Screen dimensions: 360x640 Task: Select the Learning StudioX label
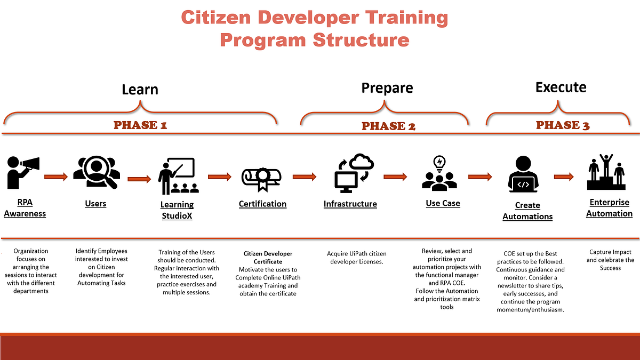click(x=177, y=210)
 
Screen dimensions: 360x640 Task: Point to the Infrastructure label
click(x=350, y=204)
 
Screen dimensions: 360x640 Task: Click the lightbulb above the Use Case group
click(x=440, y=162)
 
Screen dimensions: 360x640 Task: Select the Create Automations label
click(x=527, y=211)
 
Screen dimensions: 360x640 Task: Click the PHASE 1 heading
click(x=140, y=126)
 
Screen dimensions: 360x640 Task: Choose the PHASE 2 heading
click(x=388, y=126)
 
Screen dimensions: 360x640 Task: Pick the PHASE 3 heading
click(x=563, y=125)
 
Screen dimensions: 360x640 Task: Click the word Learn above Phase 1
click(x=140, y=89)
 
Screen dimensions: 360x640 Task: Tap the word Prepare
click(x=387, y=87)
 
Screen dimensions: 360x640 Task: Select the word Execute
click(x=561, y=87)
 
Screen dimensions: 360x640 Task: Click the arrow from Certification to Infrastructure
click(x=305, y=176)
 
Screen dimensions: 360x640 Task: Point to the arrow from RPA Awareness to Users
click(x=56, y=176)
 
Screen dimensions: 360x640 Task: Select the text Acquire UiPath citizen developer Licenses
click(x=357, y=258)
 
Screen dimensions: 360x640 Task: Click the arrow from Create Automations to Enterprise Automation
click(x=564, y=177)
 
